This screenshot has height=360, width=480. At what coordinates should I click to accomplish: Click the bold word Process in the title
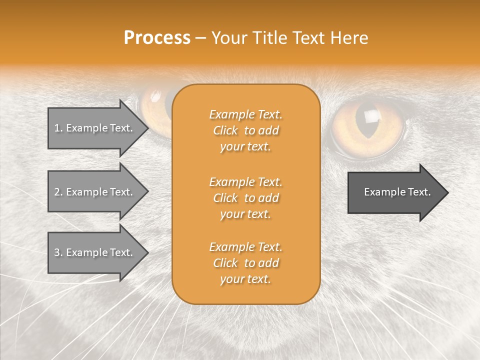coord(157,38)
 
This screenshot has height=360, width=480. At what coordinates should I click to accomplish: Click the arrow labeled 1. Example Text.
coord(95,128)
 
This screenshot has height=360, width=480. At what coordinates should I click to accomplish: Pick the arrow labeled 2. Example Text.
coord(95,192)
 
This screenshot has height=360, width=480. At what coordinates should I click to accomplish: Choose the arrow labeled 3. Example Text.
coord(95,252)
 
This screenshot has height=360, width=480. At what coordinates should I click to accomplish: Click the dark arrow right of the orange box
coord(395,192)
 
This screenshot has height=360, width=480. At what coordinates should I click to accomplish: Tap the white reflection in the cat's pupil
coord(371,116)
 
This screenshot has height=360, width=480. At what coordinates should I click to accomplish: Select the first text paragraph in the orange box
coord(245,130)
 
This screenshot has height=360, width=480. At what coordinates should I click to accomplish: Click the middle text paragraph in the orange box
coord(245,198)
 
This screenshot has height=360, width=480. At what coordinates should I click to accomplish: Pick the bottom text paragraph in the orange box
coord(245,263)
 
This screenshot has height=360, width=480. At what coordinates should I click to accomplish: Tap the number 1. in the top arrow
coord(58,128)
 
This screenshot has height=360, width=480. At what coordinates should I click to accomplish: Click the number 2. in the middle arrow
coord(58,192)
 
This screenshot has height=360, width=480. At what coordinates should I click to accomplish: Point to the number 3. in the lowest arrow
coord(58,252)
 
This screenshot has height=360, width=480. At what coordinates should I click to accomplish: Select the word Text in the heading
coord(307,38)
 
